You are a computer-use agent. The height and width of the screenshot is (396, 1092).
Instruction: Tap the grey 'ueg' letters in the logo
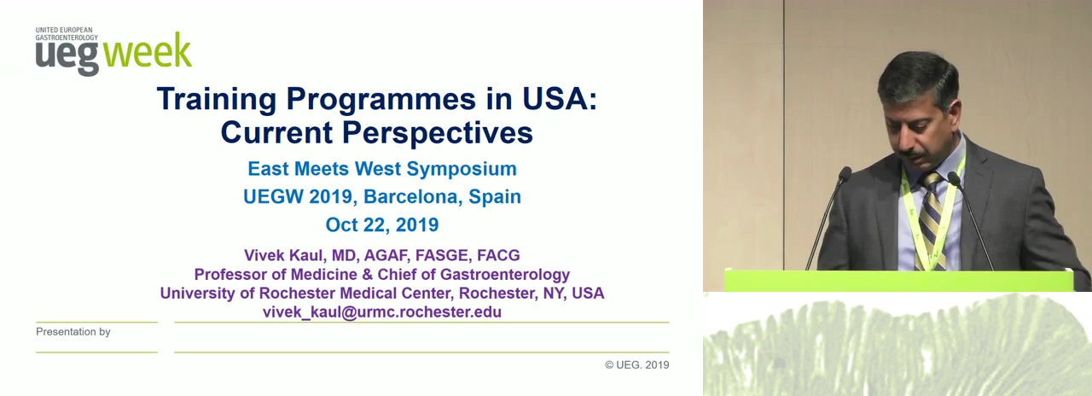[67, 57]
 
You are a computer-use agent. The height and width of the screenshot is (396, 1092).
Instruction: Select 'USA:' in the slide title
[560, 98]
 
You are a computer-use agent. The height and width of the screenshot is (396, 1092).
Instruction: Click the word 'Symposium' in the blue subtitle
[462, 169]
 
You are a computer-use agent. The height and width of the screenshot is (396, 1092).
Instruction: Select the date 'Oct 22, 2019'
[382, 224]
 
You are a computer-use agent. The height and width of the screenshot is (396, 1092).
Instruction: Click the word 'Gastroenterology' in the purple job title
[505, 275]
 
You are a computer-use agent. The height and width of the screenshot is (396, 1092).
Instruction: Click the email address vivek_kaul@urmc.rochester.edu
[382, 312]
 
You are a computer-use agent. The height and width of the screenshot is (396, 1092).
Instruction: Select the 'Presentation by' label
[73, 332]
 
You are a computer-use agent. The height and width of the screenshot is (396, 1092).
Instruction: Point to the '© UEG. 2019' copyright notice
[637, 364]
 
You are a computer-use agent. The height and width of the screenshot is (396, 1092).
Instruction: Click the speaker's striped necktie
[932, 219]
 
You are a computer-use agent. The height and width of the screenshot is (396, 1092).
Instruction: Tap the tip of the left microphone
[845, 173]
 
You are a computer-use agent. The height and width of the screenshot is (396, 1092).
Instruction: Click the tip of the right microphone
[954, 178]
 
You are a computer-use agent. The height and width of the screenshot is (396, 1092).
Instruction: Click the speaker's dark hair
[917, 78]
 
